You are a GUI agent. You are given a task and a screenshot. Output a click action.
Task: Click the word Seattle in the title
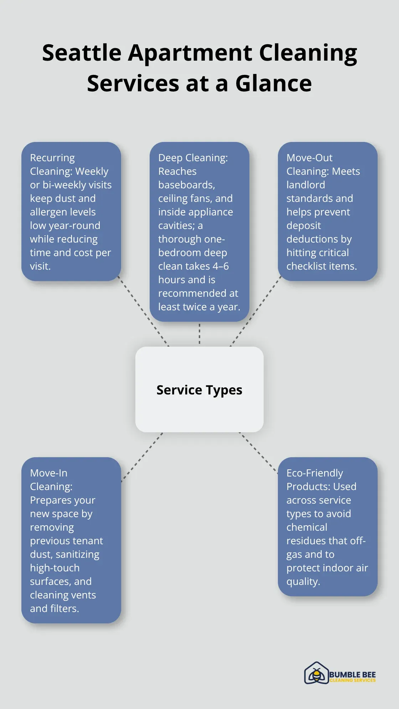(82, 53)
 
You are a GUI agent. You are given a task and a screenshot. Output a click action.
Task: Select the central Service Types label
(199, 390)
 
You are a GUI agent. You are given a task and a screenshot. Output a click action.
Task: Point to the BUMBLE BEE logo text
(352, 674)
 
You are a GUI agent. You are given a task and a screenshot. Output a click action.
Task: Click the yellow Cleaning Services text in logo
(352, 680)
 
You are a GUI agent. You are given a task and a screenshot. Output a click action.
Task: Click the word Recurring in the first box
(52, 158)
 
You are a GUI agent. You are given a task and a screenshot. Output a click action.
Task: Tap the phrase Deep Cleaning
(193, 158)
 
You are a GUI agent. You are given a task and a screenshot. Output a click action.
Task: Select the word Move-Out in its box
(309, 158)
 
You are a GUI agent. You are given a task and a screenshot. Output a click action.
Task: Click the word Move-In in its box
(48, 473)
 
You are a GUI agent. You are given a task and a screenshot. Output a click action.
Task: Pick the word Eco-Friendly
(315, 473)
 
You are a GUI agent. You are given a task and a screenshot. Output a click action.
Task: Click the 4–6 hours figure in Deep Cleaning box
(221, 266)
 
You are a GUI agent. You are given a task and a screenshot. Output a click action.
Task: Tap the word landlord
(306, 185)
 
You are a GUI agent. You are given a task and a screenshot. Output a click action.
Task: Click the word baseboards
(186, 185)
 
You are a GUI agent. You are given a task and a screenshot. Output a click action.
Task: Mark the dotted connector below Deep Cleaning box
(199, 334)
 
